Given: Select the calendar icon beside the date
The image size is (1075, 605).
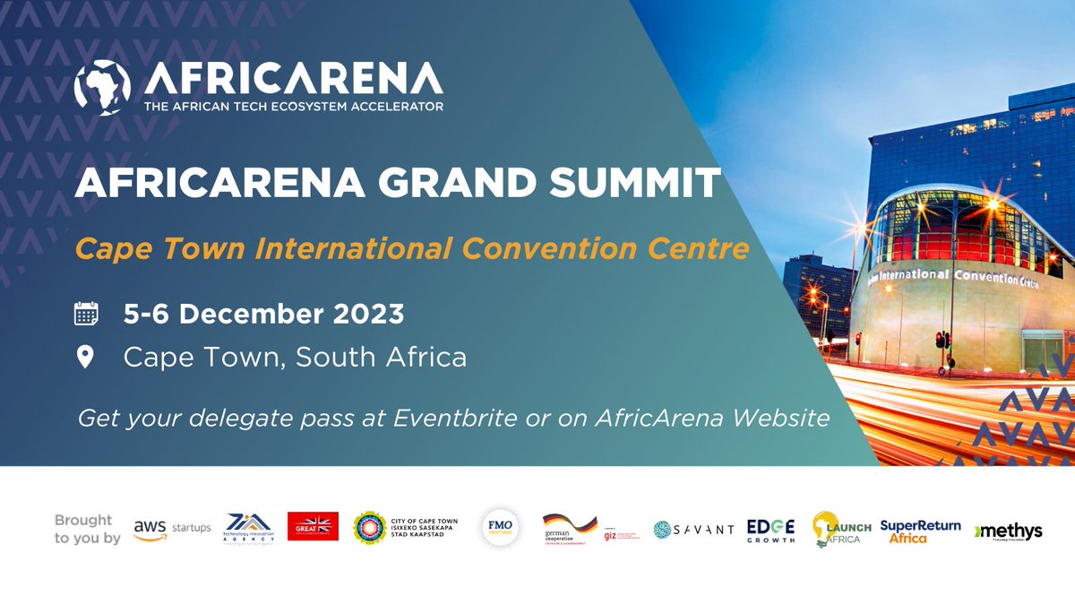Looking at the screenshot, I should tap(86, 315).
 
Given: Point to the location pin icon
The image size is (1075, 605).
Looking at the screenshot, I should tap(86, 358).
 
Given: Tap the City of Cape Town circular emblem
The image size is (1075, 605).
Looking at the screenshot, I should tap(369, 528).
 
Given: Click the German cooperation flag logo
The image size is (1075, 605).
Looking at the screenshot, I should tap(569, 527).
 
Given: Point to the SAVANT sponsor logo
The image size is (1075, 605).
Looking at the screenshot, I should tap(693, 529).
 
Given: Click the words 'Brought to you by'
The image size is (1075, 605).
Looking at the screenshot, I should tap(86, 529).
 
